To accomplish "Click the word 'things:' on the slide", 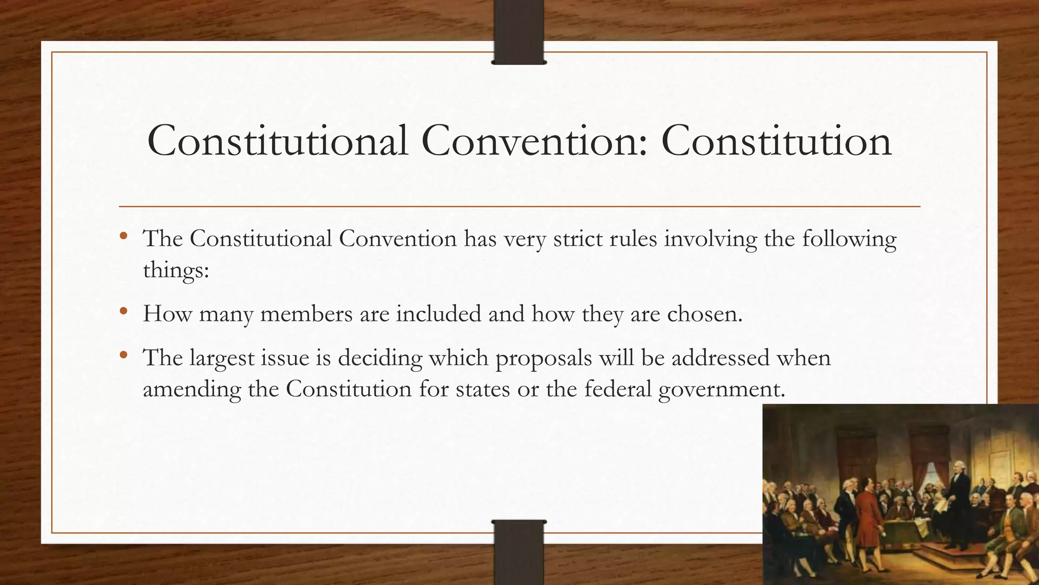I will coord(176,270).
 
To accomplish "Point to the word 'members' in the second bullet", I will coord(306,314).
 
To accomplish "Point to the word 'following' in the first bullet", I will coord(849,239).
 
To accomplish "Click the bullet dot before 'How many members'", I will coord(123,311).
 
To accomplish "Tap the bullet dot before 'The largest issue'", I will coord(123,355).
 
